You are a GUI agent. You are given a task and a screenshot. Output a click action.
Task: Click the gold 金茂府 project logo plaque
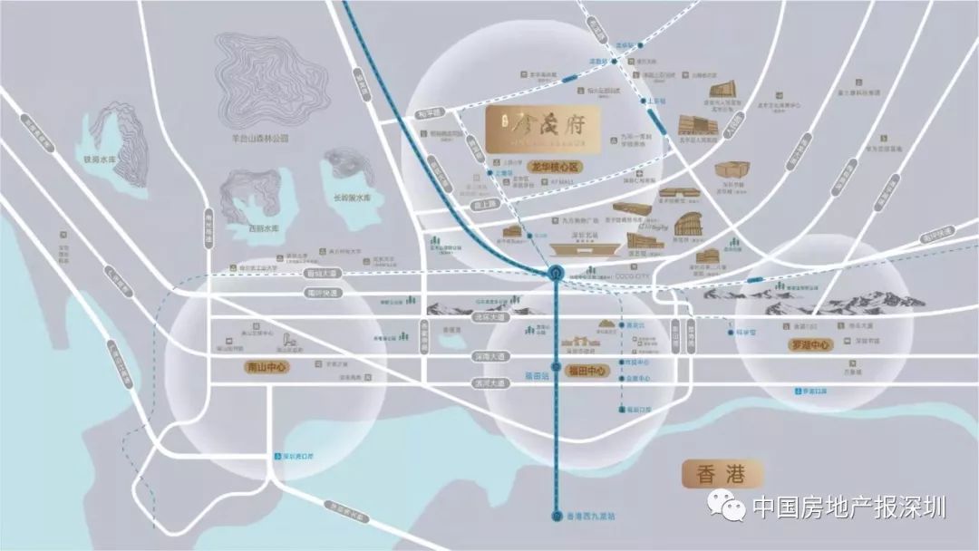click(x=542, y=130)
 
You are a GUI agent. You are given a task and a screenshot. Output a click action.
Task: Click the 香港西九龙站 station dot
click(x=557, y=517)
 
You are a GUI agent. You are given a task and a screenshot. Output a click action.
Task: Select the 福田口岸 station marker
click(x=624, y=410)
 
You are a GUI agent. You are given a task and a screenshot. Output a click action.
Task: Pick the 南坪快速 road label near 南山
click(x=321, y=293)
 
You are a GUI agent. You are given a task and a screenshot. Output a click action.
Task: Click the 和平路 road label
click(x=430, y=112)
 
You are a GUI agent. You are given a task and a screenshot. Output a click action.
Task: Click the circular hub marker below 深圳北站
click(x=556, y=272)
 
